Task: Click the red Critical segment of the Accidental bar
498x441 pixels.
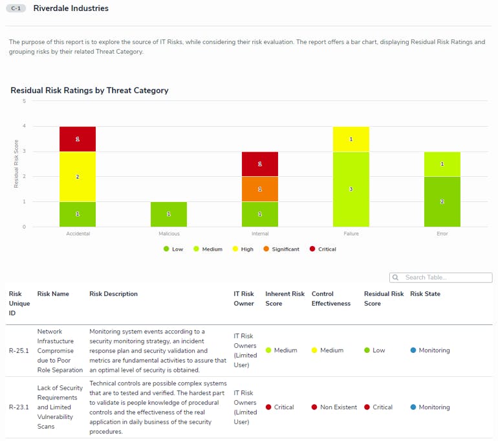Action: [x=78, y=139]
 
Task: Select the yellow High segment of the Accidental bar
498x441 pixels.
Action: [x=78, y=177]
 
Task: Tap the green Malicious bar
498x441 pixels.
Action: [x=169, y=214]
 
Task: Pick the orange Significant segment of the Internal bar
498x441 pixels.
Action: [x=260, y=189]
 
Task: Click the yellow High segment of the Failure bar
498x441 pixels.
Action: [x=351, y=139]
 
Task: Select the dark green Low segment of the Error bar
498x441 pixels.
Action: [x=442, y=201]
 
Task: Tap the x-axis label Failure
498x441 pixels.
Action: [x=351, y=234]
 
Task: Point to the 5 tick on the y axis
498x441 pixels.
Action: [x=24, y=101]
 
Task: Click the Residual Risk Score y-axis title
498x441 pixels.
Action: [x=16, y=164]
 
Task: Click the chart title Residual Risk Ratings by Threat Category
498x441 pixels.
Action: [x=89, y=91]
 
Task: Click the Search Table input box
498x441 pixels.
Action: [x=446, y=278]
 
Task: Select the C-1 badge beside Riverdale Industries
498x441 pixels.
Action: [x=16, y=9]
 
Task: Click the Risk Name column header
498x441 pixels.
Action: [x=53, y=294]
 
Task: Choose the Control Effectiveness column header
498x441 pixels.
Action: [x=331, y=299]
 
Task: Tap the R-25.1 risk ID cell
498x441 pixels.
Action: [x=19, y=350]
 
